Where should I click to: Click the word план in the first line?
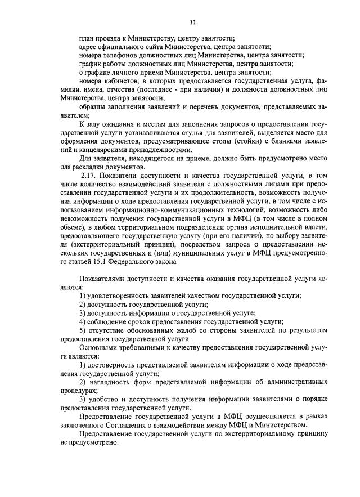[87, 38]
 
